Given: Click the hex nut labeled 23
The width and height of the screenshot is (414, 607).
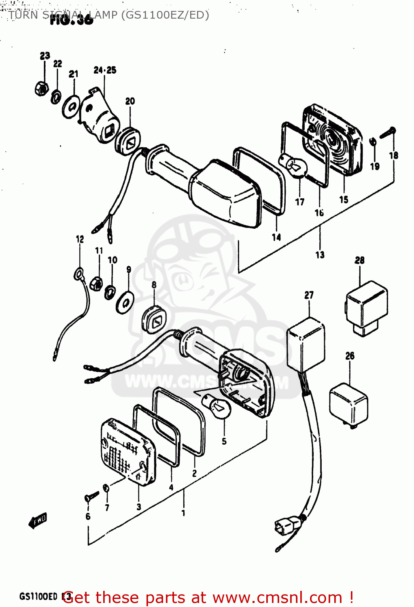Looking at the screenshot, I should (x=41, y=88).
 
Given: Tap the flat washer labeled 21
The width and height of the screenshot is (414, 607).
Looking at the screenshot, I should (x=71, y=107).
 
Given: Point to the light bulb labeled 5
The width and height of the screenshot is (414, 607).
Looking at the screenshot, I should (x=217, y=407).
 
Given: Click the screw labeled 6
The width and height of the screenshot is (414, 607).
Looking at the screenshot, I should (x=91, y=496).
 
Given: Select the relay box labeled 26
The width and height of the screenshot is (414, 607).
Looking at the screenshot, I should (x=349, y=405).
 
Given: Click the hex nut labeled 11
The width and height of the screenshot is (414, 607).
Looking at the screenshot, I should (x=97, y=283).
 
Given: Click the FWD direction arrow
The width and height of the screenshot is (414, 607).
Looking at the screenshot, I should (x=38, y=521).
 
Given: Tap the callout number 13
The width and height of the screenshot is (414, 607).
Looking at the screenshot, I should (x=320, y=255).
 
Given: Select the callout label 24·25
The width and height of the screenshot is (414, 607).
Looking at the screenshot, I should (x=105, y=70).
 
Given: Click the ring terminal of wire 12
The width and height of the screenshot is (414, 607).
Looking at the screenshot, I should (x=79, y=275).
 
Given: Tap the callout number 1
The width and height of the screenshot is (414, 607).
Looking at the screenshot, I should (x=183, y=513).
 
